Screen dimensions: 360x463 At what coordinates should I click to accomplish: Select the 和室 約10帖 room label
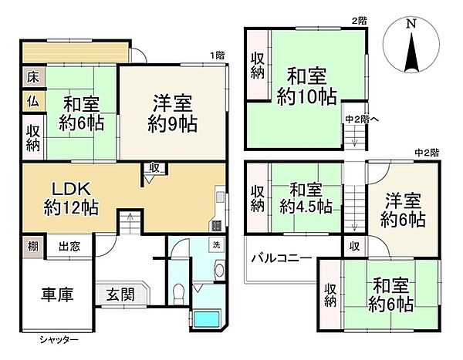[x=307, y=86]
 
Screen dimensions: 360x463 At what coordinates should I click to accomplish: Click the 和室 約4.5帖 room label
[x=306, y=197]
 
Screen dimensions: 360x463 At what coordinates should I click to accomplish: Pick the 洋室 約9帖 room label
[x=173, y=113]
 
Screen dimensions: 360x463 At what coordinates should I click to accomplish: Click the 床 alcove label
[x=32, y=77]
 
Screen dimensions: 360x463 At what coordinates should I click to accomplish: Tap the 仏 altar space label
[x=32, y=100]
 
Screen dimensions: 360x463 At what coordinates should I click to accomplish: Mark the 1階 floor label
[x=218, y=55]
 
